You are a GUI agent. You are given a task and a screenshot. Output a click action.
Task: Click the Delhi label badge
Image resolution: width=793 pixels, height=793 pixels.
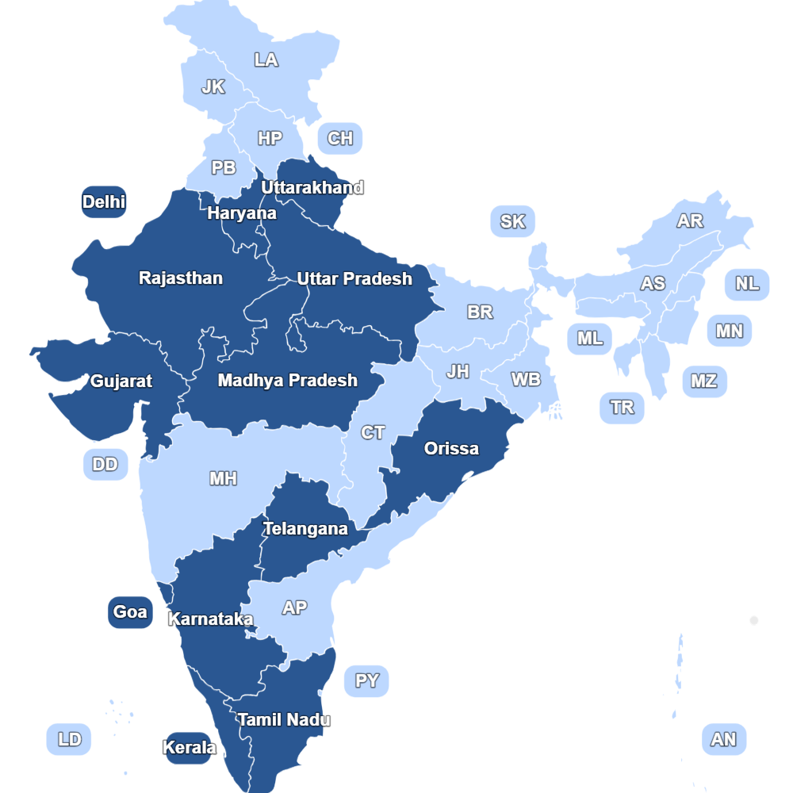coord(104,202)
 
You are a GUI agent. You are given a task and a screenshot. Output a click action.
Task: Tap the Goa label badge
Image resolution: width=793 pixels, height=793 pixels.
coord(130,612)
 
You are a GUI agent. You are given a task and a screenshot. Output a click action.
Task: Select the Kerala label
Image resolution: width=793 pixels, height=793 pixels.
coord(189,748)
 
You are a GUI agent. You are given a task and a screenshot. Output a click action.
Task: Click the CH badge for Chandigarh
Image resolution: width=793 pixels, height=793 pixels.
coord(340,139)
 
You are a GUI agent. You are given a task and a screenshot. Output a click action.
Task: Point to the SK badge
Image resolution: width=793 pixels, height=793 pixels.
coord(513,221)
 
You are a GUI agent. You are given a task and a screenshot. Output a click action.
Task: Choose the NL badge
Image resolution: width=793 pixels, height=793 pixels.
coord(747,284)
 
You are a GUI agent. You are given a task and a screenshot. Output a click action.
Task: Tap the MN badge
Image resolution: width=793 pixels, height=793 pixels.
coord(730,331)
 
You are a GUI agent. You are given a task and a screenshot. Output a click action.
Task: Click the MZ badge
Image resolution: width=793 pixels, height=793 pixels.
coord(704,381)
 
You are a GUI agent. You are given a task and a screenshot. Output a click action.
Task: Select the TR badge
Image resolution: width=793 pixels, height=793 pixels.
coord(623,408)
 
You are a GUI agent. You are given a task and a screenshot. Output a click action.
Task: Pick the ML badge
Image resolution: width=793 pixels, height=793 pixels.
coord(590,339)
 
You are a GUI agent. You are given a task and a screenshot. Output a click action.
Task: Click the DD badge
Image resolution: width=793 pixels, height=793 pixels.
coord(105,464)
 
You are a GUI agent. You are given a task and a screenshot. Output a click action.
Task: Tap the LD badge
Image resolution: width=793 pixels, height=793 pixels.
coord(70,740)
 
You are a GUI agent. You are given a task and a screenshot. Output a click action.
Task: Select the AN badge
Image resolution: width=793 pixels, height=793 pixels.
coord(724,740)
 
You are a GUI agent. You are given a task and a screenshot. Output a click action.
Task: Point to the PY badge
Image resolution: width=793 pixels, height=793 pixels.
coord(367,681)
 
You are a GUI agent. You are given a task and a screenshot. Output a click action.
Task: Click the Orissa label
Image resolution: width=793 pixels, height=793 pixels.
coord(451,449)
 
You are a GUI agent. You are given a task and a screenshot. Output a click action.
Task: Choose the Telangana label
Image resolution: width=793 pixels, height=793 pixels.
coord(305,529)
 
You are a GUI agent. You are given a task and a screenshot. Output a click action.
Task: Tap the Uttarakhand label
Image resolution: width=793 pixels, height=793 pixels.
coord(312,188)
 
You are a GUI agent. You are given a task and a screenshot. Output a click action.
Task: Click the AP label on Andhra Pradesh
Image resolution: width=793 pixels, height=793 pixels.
coord(294,608)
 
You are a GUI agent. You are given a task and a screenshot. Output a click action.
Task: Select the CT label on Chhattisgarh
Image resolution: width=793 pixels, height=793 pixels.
coord(373,433)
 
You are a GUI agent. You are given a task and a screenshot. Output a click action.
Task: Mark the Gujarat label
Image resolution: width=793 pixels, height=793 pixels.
coord(121,381)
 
